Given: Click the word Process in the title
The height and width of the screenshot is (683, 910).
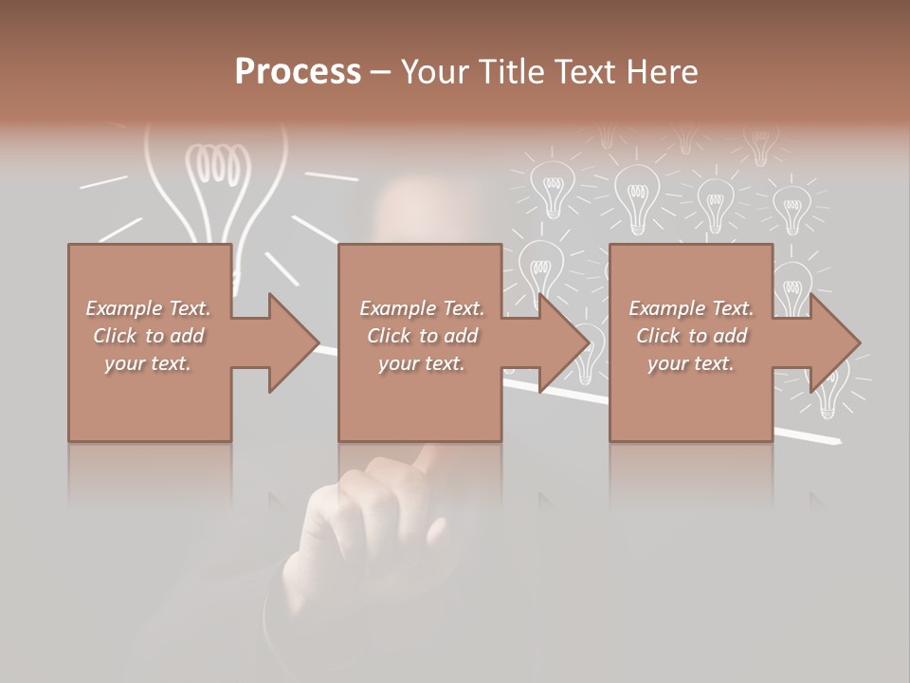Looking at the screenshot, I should [298, 72].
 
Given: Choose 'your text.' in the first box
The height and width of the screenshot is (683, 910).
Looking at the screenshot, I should [148, 363].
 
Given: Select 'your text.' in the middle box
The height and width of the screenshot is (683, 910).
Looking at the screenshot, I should [421, 363].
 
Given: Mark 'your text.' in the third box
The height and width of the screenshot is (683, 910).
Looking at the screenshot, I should [691, 363].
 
